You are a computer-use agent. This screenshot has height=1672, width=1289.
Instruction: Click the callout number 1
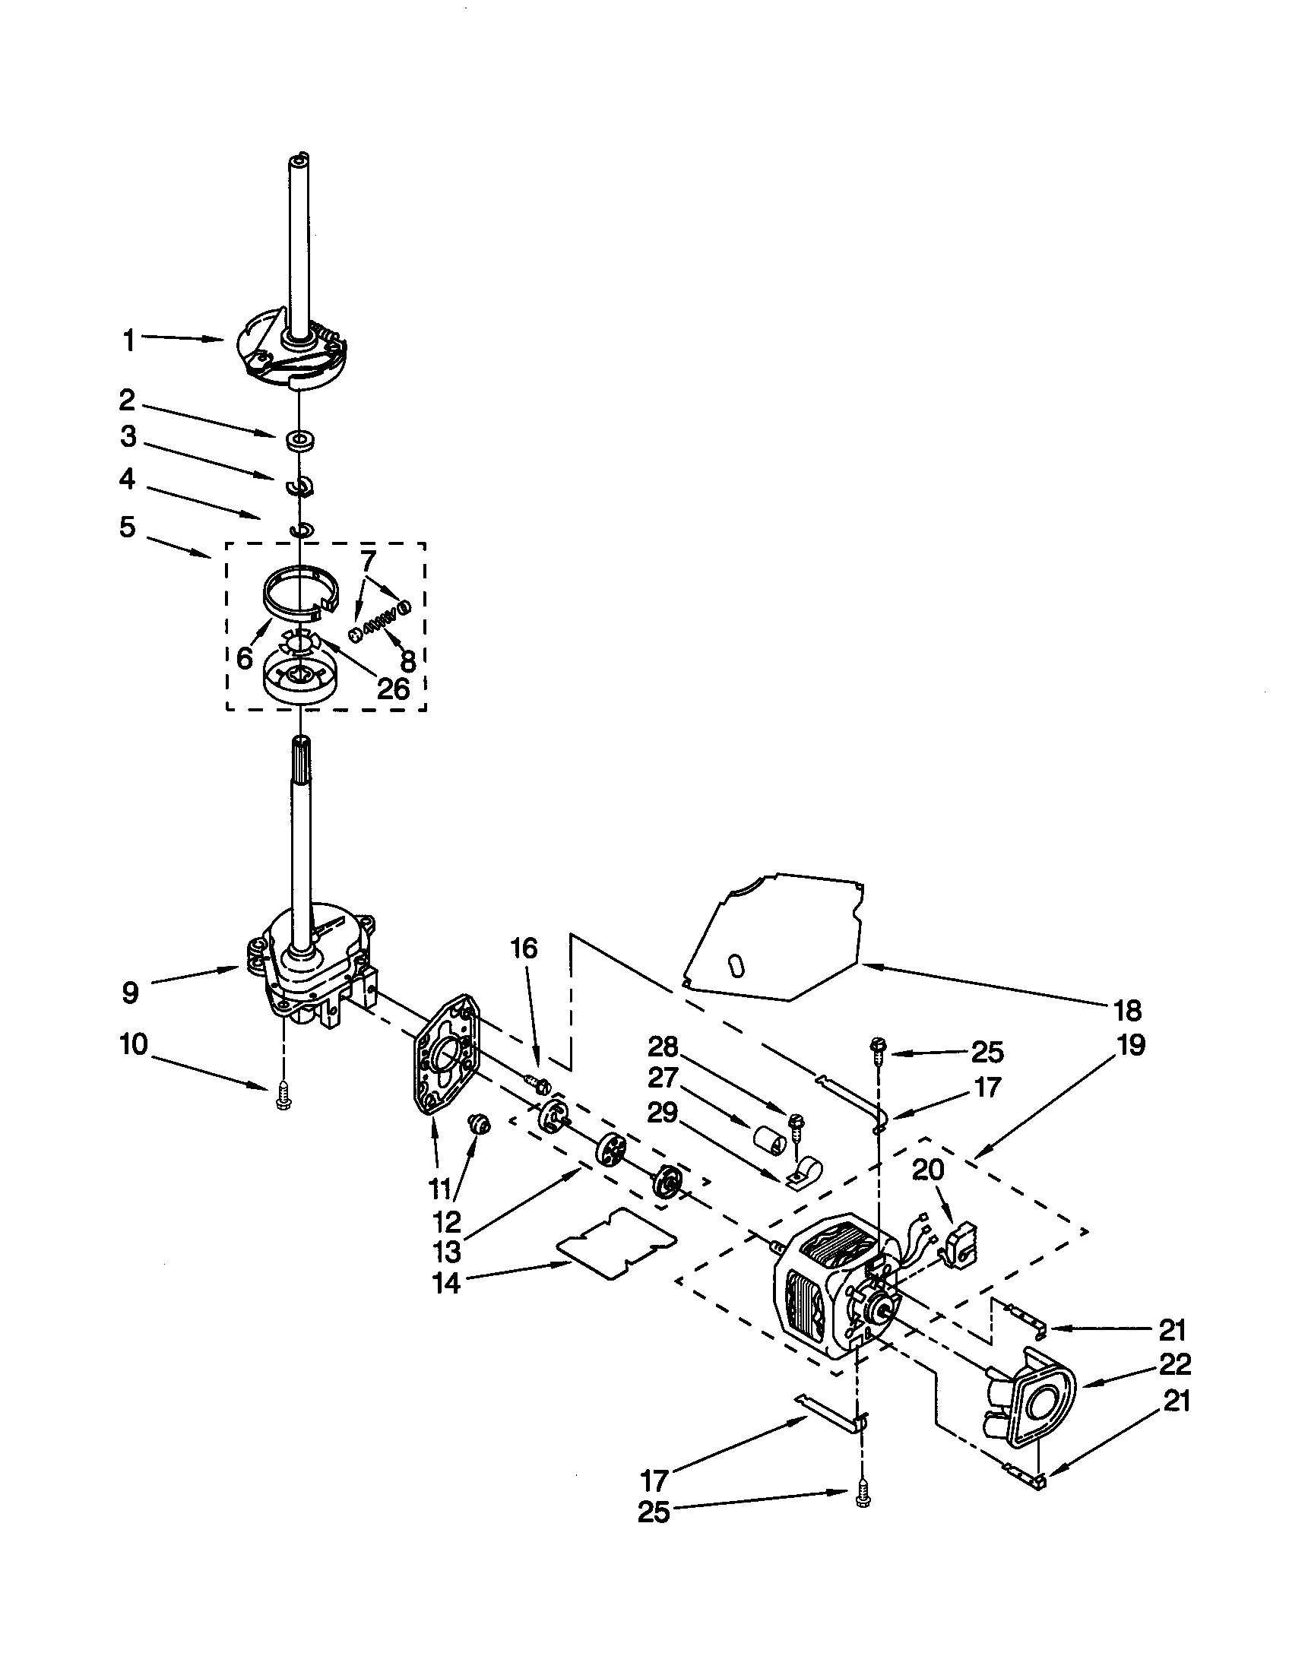tap(129, 341)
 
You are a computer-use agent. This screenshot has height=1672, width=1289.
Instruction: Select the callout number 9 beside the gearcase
tap(130, 993)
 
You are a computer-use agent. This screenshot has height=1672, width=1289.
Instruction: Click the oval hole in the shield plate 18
tap(736, 966)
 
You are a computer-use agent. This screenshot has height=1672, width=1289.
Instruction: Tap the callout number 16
tap(524, 948)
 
